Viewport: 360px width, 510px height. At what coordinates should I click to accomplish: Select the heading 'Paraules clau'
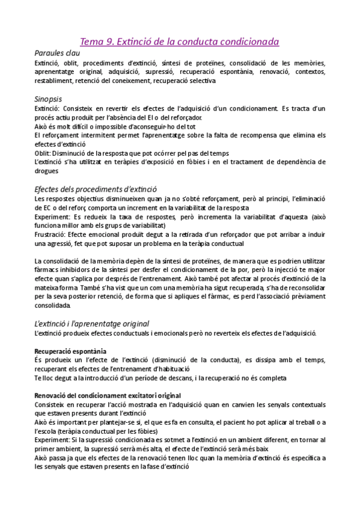[x=58, y=52]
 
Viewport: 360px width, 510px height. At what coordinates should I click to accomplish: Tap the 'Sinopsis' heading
[x=49, y=98]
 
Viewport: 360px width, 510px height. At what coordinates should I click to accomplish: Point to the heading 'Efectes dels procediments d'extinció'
[x=96, y=188]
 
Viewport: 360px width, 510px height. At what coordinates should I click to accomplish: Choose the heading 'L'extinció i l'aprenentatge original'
[x=92, y=323]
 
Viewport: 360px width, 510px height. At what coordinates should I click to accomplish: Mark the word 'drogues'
[x=47, y=171]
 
